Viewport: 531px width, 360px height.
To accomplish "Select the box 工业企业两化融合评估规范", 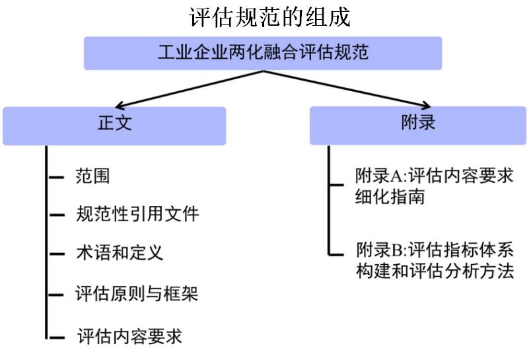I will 263,53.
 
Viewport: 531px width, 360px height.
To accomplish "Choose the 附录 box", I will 417,124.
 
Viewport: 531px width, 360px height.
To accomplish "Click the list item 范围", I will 92,177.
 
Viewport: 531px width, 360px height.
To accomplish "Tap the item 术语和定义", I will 119,253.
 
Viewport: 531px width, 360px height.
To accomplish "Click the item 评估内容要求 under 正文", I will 129,335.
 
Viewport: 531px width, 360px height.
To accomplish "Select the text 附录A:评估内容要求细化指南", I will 433,186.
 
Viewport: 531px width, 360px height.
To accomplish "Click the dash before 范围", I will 56,178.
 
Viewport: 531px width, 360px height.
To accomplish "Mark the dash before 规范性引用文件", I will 56,215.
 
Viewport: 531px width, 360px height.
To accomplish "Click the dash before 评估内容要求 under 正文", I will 56,336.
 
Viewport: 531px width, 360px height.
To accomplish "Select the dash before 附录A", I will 338,177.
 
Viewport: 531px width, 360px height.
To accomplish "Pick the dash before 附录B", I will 338,252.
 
